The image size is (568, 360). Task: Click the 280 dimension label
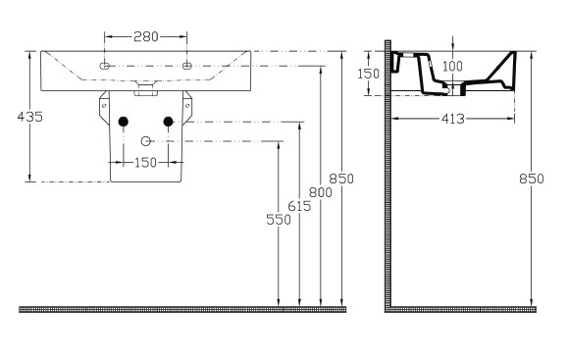click(146, 36)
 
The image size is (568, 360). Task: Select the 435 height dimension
click(30, 117)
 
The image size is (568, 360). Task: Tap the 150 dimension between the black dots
click(145, 163)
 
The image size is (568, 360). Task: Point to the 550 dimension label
click(279, 220)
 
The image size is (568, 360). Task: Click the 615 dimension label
click(299, 206)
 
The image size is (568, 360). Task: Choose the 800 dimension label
click(320, 192)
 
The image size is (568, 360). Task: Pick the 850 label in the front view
click(341, 179)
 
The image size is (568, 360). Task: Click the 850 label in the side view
click(532, 179)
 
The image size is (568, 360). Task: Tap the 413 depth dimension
click(453, 119)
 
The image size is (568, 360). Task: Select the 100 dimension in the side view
click(452, 67)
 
